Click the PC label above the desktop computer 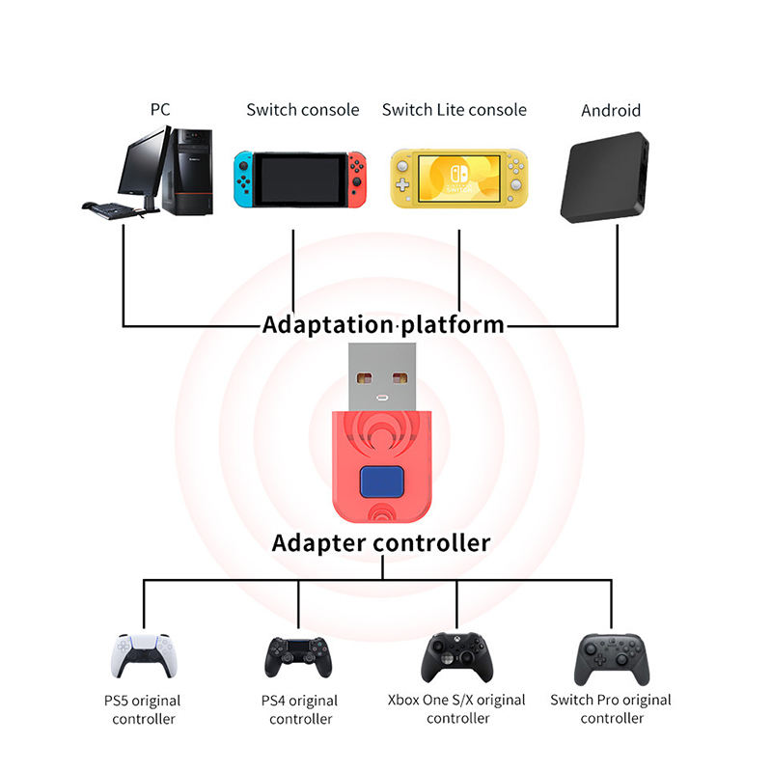tap(160, 109)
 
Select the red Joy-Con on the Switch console tap(357, 179)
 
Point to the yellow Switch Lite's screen tap(458, 180)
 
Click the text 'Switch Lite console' tap(455, 109)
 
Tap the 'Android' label tap(611, 110)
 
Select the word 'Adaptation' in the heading tap(325, 323)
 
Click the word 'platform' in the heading tap(453, 323)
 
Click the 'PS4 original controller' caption tap(300, 709)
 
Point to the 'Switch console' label tap(302, 109)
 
